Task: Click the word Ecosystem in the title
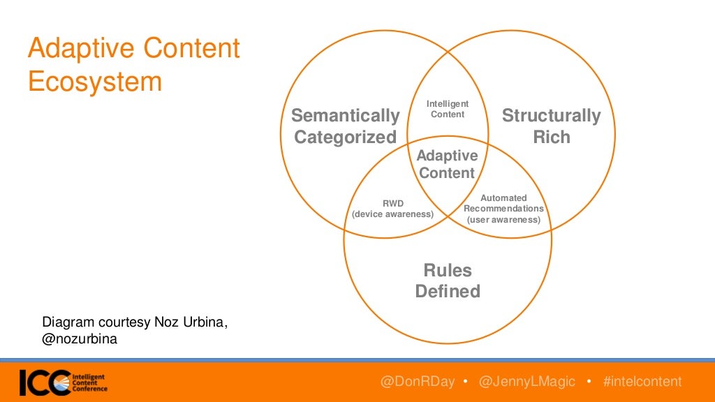click(x=94, y=82)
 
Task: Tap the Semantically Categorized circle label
click(x=345, y=126)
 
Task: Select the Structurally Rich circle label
click(x=551, y=126)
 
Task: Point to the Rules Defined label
click(x=448, y=281)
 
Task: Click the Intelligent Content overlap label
click(x=448, y=109)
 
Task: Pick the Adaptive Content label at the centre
click(x=448, y=164)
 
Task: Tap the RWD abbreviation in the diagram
click(x=392, y=204)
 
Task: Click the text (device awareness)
click(x=392, y=214)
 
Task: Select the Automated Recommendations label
click(x=503, y=203)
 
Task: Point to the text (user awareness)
click(x=503, y=219)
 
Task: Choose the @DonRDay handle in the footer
click(x=417, y=382)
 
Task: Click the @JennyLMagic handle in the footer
click(x=527, y=382)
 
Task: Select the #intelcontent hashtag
click(x=642, y=382)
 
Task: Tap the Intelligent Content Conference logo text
click(x=89, y=382)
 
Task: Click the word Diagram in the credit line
click(x=67, y=322)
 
